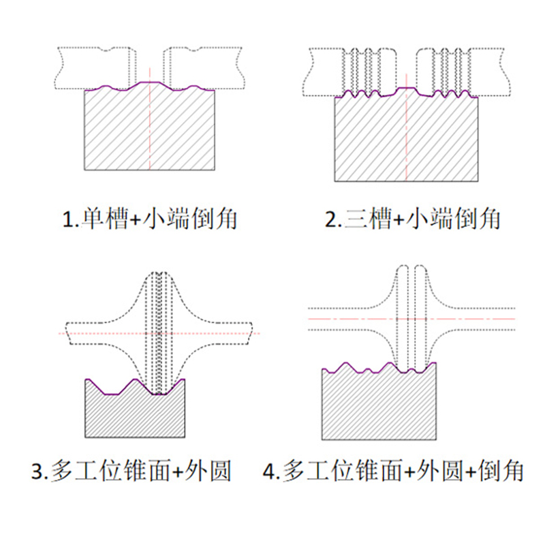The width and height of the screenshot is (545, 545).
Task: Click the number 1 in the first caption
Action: coord(67,219)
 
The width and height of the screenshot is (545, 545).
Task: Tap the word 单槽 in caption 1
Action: coord(102,219)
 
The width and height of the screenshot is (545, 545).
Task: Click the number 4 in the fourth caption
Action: coord(270,470)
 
